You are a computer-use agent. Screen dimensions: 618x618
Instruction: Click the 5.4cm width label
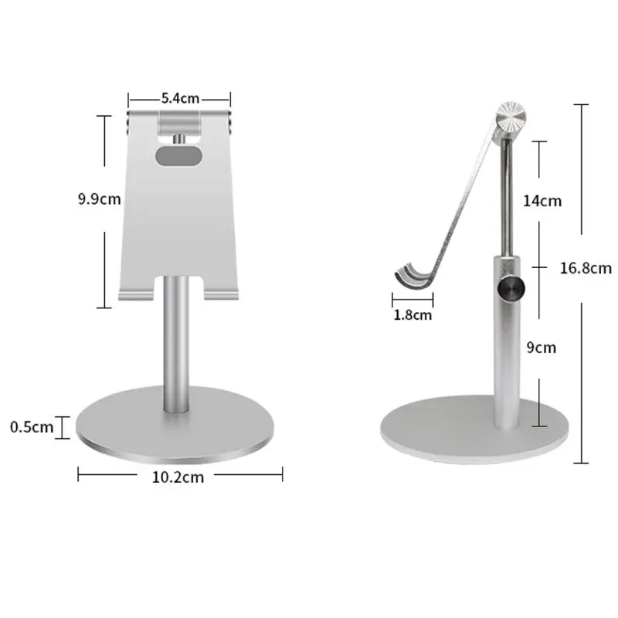coord(180,98)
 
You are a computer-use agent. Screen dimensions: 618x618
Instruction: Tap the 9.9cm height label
coord(100,199)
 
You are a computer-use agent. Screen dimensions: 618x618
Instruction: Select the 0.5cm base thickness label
coord(32,427)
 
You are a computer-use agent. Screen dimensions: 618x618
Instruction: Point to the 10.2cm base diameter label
coord(178,477)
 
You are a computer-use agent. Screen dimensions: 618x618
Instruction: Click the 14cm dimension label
coord(542,201)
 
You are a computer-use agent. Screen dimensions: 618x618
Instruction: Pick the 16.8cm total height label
coord(586,268)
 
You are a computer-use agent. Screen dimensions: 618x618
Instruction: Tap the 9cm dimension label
coord(542,348)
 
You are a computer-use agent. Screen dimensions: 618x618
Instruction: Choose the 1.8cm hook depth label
coord(413,315)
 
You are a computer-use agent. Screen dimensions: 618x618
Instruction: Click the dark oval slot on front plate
coord(178,156)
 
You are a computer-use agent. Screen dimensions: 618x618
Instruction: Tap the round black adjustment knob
coord(511,289)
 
